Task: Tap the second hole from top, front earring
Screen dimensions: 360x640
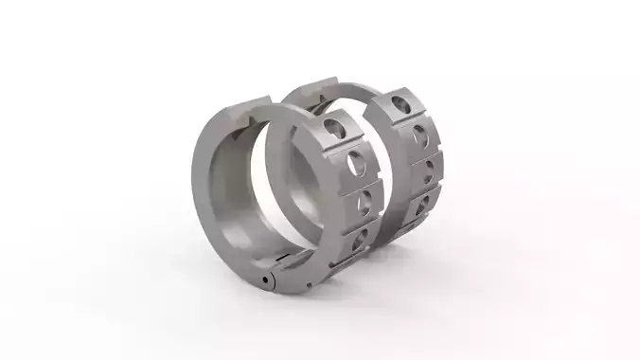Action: pyautogui.click(x=356, y=163)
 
